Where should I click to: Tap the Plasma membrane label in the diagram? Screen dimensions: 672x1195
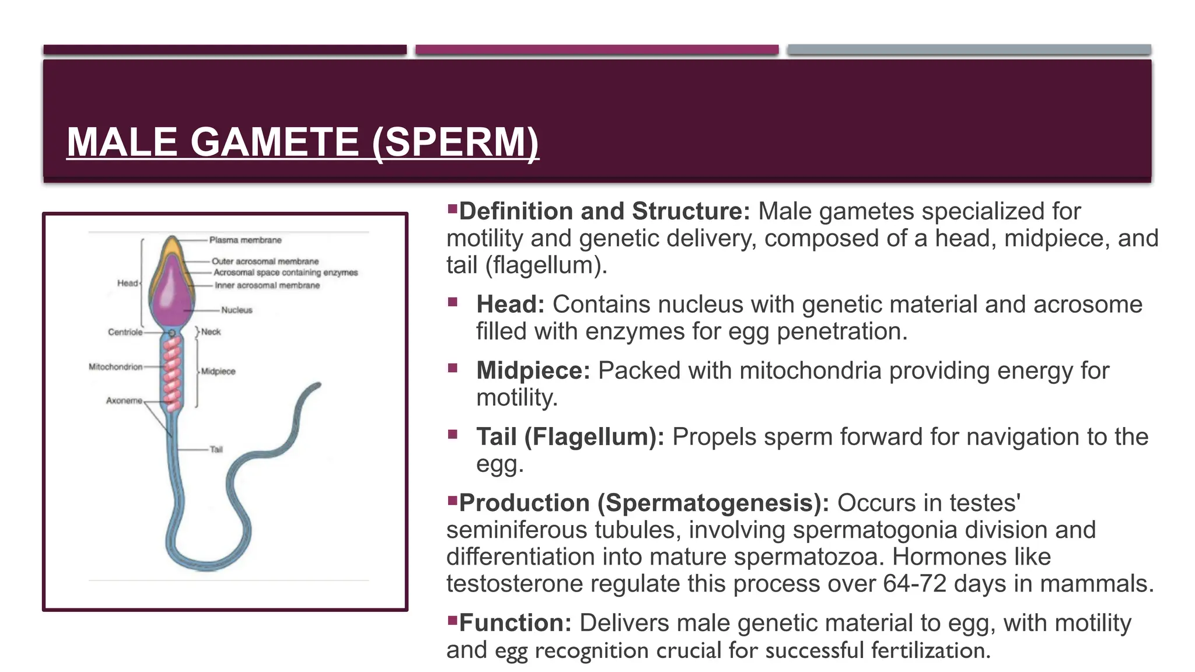point(245,240)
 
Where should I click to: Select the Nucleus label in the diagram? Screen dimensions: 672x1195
point(236,310)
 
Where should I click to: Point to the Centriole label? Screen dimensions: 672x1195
point(125,332)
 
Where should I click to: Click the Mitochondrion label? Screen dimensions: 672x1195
point(116,367)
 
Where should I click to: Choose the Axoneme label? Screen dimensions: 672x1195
point(124,401)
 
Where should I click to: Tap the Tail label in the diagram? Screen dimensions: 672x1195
point(216,449)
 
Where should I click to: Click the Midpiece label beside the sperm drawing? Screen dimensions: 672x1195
point(218,371)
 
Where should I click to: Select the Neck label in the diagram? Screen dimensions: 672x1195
point(211,332)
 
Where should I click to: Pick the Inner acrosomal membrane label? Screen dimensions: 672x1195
point(267,285)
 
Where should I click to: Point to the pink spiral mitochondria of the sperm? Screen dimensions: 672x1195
point(172,373)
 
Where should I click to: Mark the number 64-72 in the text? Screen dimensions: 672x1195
point(914,583)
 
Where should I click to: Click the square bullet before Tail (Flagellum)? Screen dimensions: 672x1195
point(453,434)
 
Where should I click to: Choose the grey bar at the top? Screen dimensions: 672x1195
point(969,50)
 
